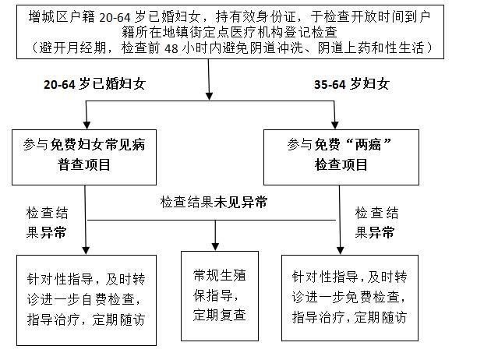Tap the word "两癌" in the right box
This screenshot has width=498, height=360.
[365, 146]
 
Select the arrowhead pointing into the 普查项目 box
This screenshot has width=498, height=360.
[87, 125]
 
